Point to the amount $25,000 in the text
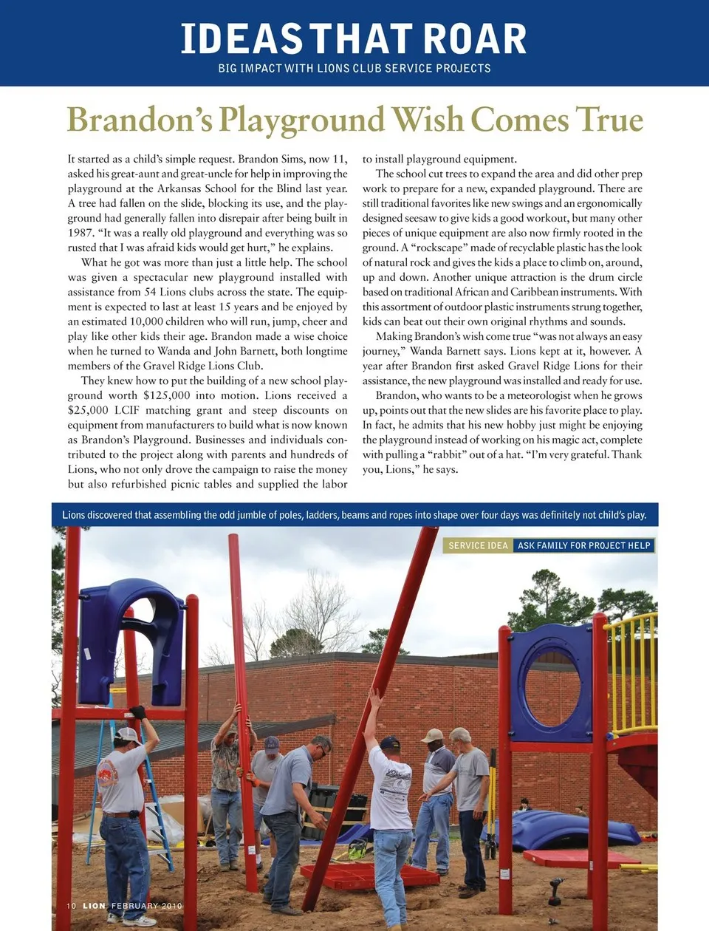88,410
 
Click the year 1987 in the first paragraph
80,233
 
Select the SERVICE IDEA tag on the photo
478,545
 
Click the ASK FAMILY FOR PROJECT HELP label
583,545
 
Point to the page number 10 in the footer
72,906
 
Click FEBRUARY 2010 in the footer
146,906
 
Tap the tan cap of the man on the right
431,735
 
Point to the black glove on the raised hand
137,712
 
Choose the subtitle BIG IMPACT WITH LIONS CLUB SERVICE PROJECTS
354,68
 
